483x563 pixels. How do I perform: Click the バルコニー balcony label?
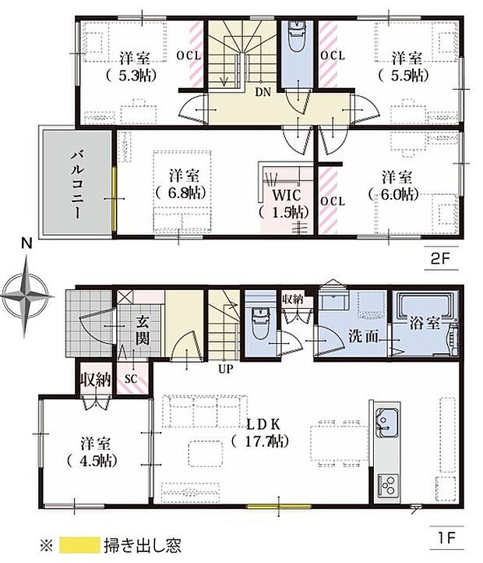pyautogui.click(x=77, y=185)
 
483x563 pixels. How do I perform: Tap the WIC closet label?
pyautogui.click(x=287, y=195)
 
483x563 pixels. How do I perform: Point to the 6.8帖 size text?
pyautogui.click(x=182, y=193)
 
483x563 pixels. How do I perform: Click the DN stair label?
pyautogui.click(x=263, y=92)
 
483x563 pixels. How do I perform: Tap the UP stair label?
pyautogui.click(x=226, y=369)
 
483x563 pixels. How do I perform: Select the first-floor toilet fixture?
pyautogui.click(x=260, y=323)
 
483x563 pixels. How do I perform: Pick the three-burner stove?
pyautogui.click(x=387, y=486)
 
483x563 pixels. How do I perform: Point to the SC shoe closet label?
pyautogui.click(x=132, y=379)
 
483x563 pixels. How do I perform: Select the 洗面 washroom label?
pyautogui.click(x=364, y=336)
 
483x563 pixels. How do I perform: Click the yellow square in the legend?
pyautogui.click(x=79, y=545)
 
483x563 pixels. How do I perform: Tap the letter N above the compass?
pyautogui.click(x=26, y=244)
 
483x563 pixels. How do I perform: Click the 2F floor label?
pyautogui.click(x=440, y=258)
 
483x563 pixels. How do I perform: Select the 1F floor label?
pyautogui.click(x=446, y=537)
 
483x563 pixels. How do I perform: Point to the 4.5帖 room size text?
pyautogui.click(x=92, y=461)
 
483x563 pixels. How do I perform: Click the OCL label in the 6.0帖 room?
pyautogui.click(x=333, y=201)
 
